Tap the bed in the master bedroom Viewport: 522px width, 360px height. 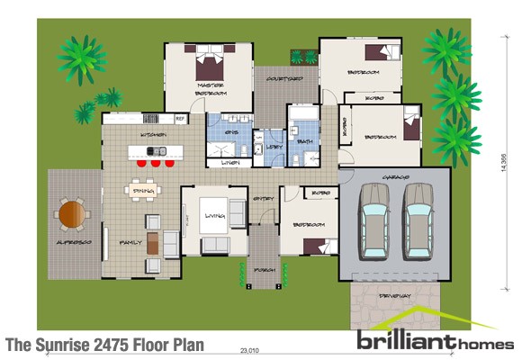point(211,65)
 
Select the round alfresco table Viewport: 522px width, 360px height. point(71,215)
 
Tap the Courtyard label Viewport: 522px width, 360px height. point(283,78)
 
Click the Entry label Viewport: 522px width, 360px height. point(264,198)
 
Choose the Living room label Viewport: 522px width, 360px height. point(215,215)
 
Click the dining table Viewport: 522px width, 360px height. point(143,191)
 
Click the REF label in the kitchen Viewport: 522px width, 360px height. point(180,118)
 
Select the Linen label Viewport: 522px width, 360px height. point(229,163)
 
